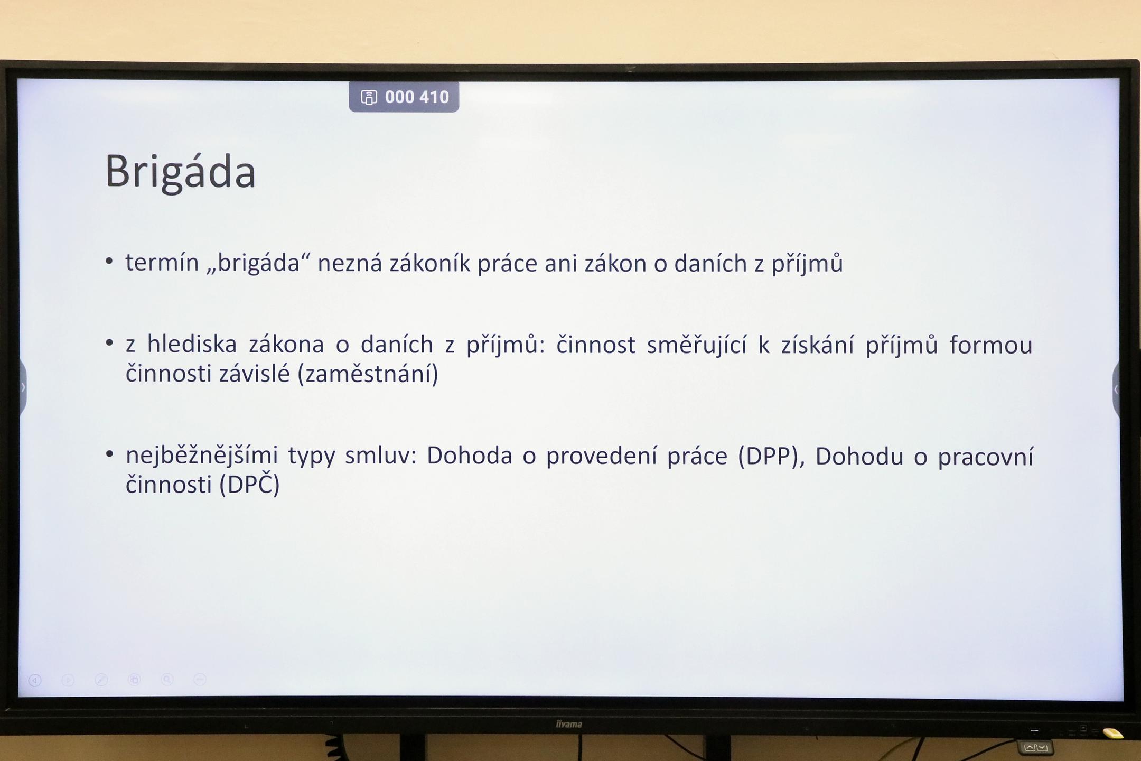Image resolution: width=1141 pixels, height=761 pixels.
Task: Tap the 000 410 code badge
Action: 404,97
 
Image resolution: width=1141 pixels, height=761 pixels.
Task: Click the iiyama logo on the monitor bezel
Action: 568,723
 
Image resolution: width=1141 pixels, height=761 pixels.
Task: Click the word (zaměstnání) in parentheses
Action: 368,374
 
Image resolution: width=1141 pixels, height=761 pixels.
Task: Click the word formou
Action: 991,345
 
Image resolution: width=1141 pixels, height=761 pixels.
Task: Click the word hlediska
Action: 192,345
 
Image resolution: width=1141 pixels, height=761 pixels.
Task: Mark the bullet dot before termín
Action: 109,261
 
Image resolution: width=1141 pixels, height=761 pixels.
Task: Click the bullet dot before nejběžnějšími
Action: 109,454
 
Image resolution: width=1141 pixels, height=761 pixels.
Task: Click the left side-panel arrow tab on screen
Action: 23,387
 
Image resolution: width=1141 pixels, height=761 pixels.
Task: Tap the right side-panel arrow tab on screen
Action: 1116,389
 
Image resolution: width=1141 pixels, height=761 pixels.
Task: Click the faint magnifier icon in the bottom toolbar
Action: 167,680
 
